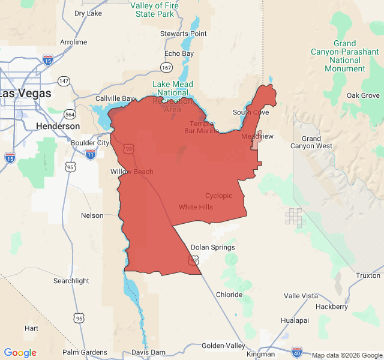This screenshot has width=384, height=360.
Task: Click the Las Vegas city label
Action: pos(26,94)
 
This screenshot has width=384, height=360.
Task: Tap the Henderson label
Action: pos(58,127)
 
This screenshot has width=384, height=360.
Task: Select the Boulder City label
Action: pos(91,143)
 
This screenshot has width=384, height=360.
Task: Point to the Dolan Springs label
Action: pos(212,247)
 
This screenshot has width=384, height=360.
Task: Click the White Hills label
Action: pos(196,207)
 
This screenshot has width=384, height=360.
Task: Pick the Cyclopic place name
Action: pos(218,196)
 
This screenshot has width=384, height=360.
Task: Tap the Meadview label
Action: pos(257,137)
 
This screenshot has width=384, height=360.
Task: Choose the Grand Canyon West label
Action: pos(311,142)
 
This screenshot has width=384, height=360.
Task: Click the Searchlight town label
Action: pos(71,281)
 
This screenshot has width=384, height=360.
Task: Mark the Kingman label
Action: pos(260,354)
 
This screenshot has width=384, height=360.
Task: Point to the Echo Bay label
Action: pos(179,53)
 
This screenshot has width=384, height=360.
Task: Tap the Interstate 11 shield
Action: pos(90,154)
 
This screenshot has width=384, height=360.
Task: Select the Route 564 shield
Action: pos(71,114)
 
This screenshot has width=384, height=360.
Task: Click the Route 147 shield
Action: pos(64,80)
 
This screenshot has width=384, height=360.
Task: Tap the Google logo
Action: pos(20,353)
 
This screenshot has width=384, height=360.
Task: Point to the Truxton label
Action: pos(368,275)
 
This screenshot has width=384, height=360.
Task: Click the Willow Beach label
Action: pos(131,172)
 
